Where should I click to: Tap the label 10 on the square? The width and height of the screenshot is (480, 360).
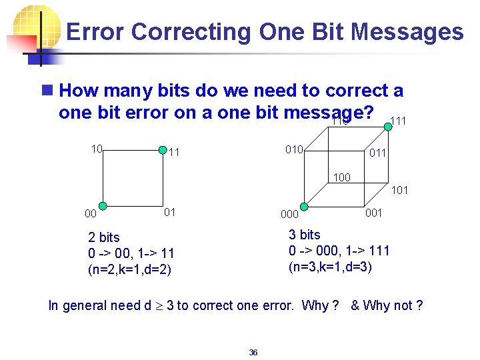pyautogui.click(x=96, y=149)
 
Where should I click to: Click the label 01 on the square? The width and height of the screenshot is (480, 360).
pyautogui.click(x=170, y=212)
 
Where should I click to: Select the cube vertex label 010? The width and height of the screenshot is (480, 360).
pyautogui.click(x=294, y=149)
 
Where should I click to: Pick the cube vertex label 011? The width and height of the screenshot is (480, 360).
pyautogui.click(x=378, y=153)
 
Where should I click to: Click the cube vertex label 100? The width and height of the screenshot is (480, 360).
pyautogui.click(x=341, y=178)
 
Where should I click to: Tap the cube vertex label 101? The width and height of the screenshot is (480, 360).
pyautogui.click(x=399, y=190)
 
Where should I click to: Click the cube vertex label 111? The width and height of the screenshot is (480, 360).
pyautogui.click(x=397, y=120)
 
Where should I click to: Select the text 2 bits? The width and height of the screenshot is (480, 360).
pyautogui.click(x=104, y=237)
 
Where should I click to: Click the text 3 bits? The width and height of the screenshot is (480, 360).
pyautogui.click(x=304, y=235)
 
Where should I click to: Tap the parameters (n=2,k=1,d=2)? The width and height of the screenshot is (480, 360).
pyautogui.click(x=130, y=270)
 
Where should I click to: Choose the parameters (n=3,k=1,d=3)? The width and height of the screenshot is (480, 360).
pyautogui.click(x=330, y=267)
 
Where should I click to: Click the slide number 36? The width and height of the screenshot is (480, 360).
pyautogui.click(x=253, y=352)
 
